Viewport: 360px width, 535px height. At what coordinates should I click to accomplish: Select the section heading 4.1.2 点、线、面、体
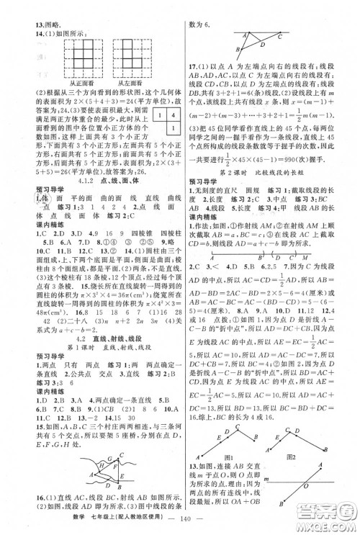pyautogui.click(x=93, y=183)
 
